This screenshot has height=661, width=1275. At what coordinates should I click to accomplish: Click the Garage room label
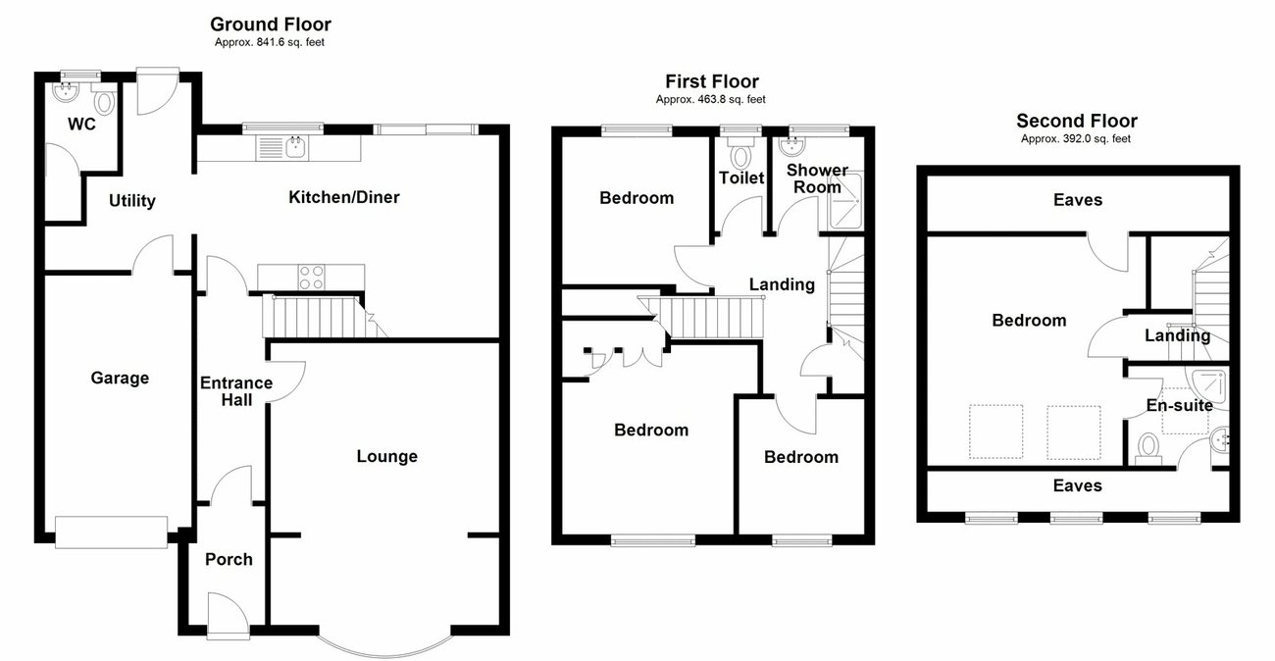[120, 378]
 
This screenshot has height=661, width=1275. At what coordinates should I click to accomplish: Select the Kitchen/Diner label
[343, 197]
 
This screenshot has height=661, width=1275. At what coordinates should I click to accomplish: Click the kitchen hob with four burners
[312, 278]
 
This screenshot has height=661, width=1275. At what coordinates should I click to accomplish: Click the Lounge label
[386, 456]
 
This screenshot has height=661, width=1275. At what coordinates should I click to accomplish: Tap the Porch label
[229, 559]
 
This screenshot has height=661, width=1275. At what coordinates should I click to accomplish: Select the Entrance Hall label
[235, 390]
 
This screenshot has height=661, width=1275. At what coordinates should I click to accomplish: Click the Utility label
[131, 201]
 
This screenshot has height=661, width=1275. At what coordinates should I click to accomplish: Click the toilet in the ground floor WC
[103, 102]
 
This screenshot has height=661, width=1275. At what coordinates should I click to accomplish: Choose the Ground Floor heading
[271, 25]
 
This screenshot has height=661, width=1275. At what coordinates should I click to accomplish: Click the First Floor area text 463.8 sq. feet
[710, 99]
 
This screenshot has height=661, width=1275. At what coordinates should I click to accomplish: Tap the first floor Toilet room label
[741, 178]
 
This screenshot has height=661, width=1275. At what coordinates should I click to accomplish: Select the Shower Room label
[817, 178]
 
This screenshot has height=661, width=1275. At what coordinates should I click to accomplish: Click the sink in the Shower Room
[791, 147]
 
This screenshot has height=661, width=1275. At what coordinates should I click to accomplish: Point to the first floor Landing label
[782, 284]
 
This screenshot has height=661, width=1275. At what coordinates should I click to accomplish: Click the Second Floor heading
[1076, 121]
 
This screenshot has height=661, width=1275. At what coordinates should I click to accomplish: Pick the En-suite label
[1180, 405]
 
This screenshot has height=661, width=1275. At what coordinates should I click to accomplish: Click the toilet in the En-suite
[1147, 448]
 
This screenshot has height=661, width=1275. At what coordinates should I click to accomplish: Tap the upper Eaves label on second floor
[1077, 200]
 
